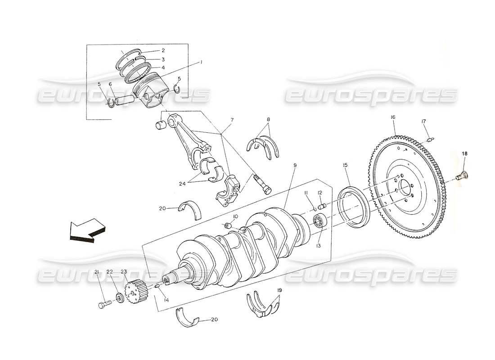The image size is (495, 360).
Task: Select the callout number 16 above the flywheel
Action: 393,117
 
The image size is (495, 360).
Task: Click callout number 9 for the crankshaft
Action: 295,165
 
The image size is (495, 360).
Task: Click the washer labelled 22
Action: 119,298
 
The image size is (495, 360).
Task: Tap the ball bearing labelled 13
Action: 320,221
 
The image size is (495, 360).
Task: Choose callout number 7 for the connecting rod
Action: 232,120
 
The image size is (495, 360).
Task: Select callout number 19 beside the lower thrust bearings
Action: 280,291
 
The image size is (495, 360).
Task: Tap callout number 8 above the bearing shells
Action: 268,120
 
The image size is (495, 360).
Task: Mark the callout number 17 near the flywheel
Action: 423,121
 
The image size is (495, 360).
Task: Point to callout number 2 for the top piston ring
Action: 163,50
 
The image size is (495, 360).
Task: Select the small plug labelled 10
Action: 228,225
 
